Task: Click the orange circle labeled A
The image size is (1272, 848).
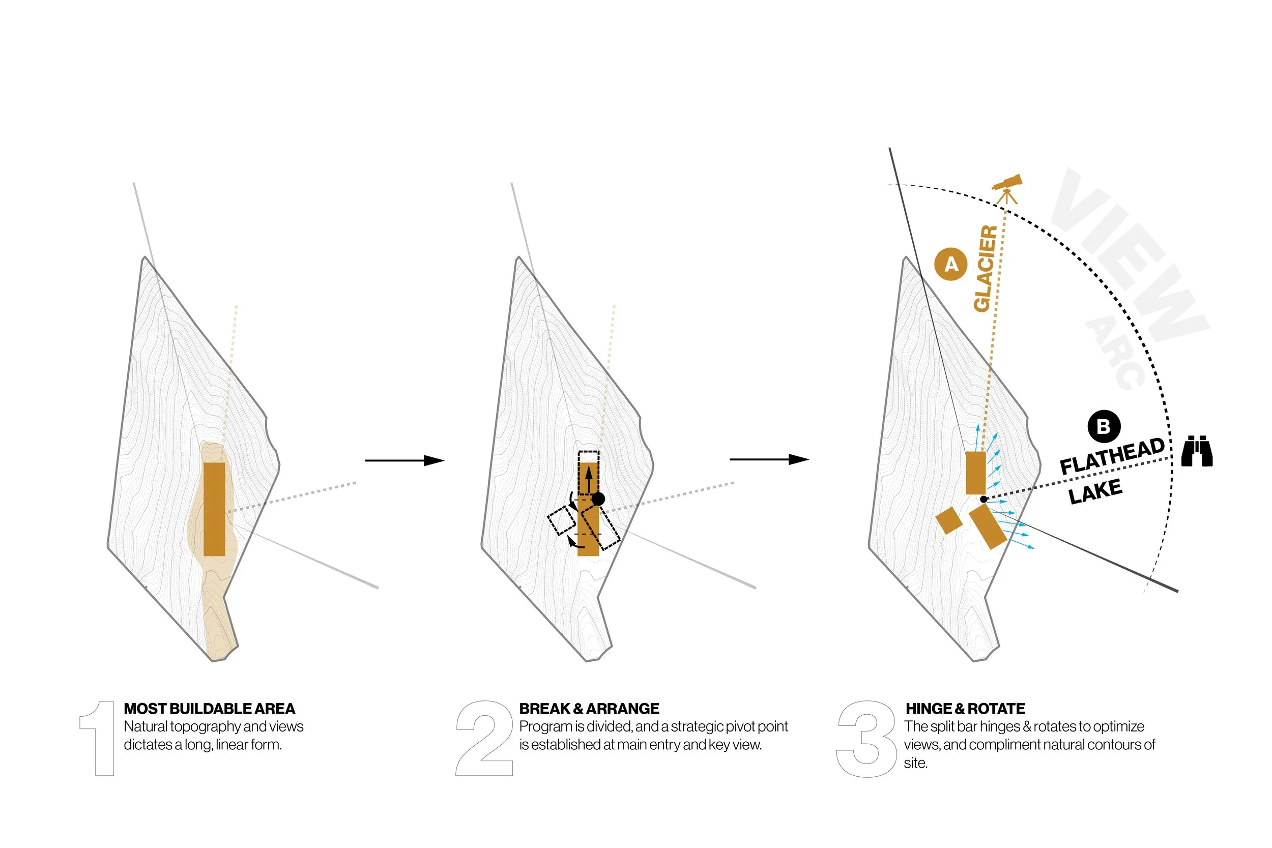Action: (x=951, y=264)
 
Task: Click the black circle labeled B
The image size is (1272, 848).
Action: (x=1104, y=427)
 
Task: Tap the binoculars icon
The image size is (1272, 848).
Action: (x=1196, y=451)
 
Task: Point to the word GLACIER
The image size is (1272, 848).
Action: (x=985, y=268)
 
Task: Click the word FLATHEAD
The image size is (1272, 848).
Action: (x=1112, y=457)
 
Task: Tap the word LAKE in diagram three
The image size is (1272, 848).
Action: (x=1095, y=491)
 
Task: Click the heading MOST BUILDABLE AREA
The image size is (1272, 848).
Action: (x=209, y=709)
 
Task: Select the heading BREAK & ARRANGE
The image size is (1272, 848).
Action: (x=589, y=709)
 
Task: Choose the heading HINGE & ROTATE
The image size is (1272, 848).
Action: (x=965, y=709)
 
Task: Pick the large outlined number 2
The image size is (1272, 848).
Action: (x=484, y=738)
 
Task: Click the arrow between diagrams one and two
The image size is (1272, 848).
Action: (x=404, y=460)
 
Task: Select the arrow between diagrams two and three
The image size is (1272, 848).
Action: (x=769, y=460)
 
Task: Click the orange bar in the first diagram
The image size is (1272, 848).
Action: (x=214, y=509)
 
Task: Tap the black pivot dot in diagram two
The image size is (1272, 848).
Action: (x=598, y=499)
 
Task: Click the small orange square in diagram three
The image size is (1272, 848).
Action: (x=948, y=520)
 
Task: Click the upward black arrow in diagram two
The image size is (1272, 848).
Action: (x=588, y=479)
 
